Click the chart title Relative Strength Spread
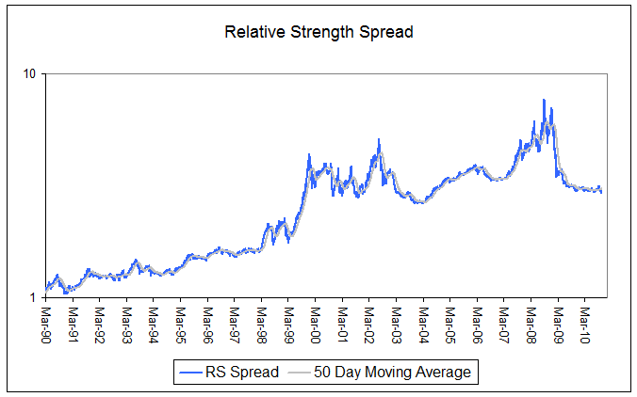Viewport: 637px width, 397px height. pyautogui.click(x=318, y=32)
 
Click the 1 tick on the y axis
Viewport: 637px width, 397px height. pyautogui.click(x=34, y=297)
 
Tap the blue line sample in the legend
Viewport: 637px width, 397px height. pyautogui.click(x=192, y=373)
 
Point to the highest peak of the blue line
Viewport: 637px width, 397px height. pyautogui.click(x=544, y=100)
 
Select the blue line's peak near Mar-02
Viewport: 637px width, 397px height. pyautogui.click(x=379, y=140)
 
